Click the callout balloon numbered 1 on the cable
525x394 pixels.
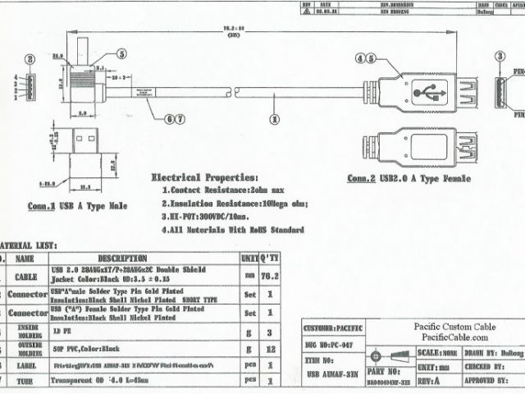(272, 118)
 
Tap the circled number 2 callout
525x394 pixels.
(30, 59)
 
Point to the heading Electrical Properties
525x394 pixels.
(204, 177)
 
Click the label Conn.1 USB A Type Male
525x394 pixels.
(77, 207)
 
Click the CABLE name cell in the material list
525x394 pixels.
(25, 277)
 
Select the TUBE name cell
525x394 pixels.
(25, 380)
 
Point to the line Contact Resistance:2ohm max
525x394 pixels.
(217, 190)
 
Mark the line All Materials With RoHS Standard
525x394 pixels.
(233, 230)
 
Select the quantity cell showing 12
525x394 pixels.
(270, 349)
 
